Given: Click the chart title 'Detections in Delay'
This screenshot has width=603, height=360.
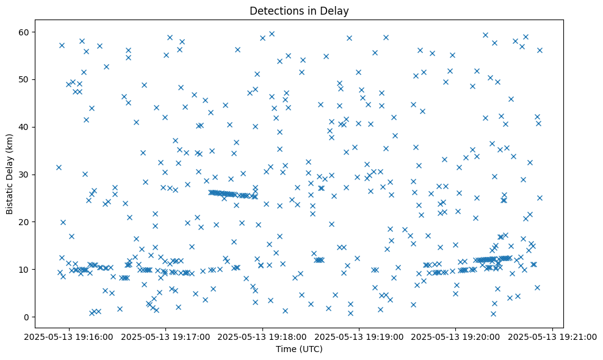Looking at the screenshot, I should [x=299, y=10].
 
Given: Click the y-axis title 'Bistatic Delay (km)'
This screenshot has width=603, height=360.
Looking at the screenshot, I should [x=10, y=173].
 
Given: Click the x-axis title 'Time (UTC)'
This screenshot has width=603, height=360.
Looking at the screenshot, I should [x=299, y=350].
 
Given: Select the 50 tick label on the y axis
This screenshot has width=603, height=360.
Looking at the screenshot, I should [x=26, y=79].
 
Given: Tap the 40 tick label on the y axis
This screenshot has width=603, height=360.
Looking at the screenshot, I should [x=26, y=127].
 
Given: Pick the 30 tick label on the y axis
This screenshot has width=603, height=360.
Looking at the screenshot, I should [x=26, y=175].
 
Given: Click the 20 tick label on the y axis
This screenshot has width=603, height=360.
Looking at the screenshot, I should [x=26, y=222].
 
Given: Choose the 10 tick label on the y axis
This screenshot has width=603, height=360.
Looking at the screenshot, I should [x=26, y=270].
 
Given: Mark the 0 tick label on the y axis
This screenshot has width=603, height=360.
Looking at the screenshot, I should [x=27, y=317].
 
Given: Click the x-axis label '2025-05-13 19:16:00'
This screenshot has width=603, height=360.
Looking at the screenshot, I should [x=69, y=336].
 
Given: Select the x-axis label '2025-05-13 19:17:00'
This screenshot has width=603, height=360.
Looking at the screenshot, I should [x=166, y=336].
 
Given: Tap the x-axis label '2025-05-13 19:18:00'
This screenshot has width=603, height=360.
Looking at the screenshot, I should [x=263, y=336].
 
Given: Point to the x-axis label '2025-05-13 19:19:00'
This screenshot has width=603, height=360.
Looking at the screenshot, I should [x=359, y=336].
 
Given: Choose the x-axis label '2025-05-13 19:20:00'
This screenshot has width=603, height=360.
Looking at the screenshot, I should [x=456, y=336].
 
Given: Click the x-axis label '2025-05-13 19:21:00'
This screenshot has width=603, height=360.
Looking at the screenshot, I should [x=553, y=336].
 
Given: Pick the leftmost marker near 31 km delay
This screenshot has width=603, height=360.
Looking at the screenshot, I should [x=59, y=167].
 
